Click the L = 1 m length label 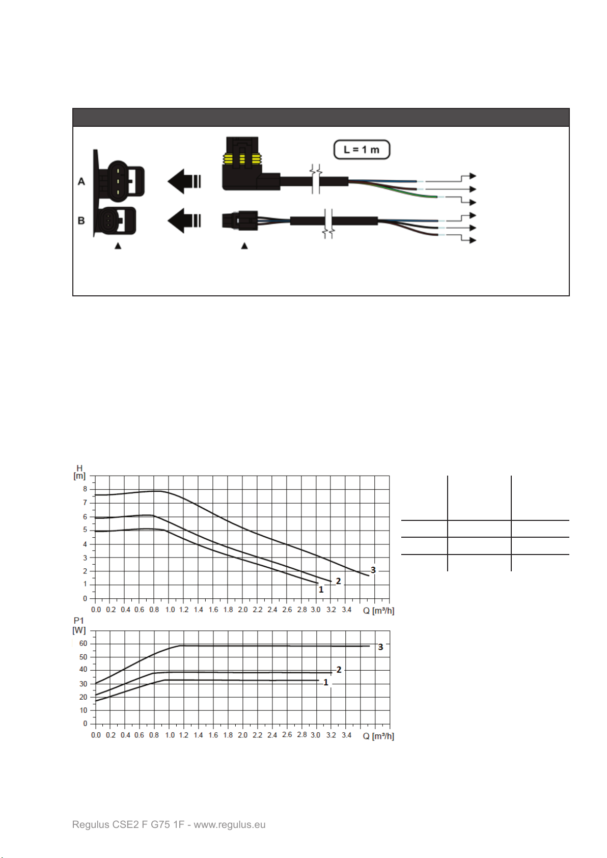362,149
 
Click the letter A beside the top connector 81,181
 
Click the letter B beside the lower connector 81,220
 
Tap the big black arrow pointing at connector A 184,181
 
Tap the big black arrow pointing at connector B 184,220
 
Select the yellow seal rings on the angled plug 242,159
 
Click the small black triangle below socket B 118,246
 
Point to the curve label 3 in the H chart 373,570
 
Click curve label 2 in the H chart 338,581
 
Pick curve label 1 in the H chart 321,590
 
